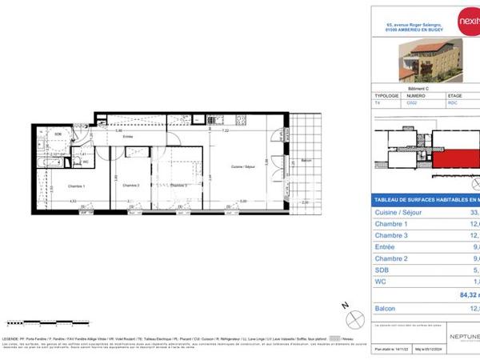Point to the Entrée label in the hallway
[x=127, y=137]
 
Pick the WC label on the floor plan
[x=85, y=162]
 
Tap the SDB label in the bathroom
[x=58, y=134]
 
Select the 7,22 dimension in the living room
[x=226, y=130]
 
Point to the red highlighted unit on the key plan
[x=455, y=152]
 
